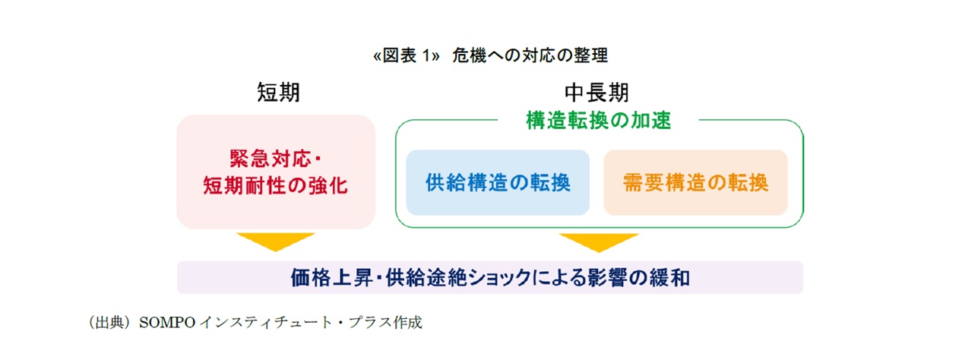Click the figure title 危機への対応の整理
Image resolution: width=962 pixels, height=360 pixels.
coord(530,55)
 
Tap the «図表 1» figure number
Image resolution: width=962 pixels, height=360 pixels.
coord(407,55)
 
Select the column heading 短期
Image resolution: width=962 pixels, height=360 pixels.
coord(278,92)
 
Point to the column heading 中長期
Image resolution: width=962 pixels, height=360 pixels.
coord(597,93)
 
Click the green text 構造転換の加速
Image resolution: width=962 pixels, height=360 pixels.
coord(598,121)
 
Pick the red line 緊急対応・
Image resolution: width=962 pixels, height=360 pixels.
coord(275,158)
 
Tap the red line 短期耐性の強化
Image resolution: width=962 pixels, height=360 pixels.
coord(275,186)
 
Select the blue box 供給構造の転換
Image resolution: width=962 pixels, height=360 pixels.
coord(498,182)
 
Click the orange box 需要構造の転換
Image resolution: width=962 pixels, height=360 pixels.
coord(696,182)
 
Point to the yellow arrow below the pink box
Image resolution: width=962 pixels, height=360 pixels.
coord(276,240)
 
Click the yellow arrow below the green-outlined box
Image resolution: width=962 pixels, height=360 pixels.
coord(599,242)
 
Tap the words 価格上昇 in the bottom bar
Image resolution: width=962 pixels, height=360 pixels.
coord(331,278)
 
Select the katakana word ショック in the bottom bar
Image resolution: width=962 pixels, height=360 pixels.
coord(499,278)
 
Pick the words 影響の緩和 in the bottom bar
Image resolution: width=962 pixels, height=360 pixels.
coord(638,278)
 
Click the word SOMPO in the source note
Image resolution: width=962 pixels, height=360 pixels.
coord(167,323)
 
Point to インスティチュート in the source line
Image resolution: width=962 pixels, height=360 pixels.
coord(266,323)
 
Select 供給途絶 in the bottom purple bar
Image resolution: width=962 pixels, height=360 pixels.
coord(426,278)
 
